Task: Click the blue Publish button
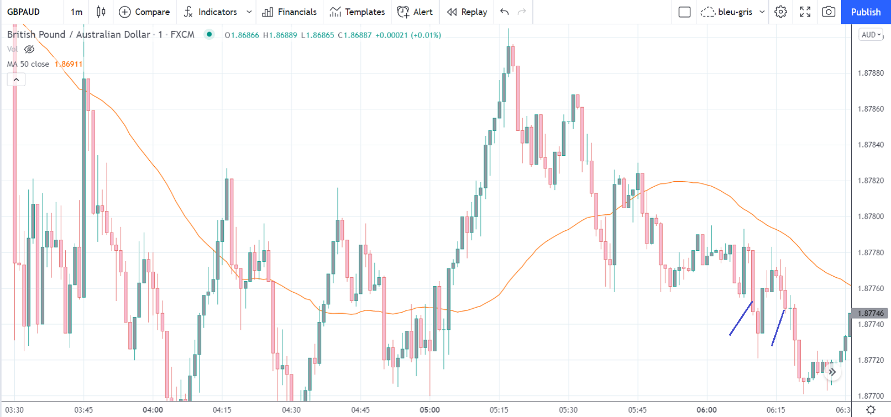(x=866, y=12)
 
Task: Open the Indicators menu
(x=211, y=12)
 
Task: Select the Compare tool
(x=144, y=12)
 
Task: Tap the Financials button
(x=290, y=12)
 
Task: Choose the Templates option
(x=357, y=12)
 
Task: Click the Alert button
(x=415, y=12)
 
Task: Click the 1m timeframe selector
(x=76, y=12)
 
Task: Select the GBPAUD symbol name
(x=23, y=12)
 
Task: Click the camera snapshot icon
(x=828, y=12)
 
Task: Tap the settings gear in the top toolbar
(x=780, y=12)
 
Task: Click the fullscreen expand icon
(x=805, y=12)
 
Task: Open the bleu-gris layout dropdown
(x=732, y=12)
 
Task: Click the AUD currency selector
(x=871, y=35)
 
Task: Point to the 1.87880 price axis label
(x=871, y=73)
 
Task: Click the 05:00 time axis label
(x=429, y=410)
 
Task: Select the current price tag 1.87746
(x=870, y=313)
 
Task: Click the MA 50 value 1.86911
(x=69, y=64)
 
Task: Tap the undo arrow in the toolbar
(x=504, y=12)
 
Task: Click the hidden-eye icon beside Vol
(x=29, y=49)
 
